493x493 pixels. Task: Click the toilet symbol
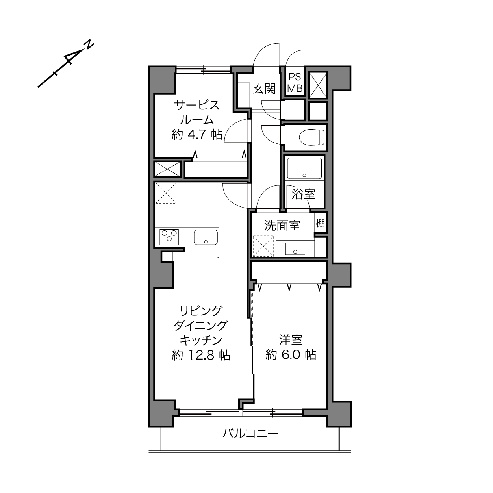tap(311, 137)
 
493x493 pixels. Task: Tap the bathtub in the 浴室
tap(304, 169)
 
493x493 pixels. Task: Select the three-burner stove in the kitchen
tap(169, 237)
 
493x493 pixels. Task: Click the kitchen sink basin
tap(206, 237)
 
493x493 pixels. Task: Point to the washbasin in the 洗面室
tap(295, 249)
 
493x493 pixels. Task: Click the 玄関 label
tap(264, 89)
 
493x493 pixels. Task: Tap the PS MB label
tap(295, 83)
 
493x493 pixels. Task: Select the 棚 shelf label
tap(320, 223)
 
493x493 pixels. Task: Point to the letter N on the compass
tap(89, 44)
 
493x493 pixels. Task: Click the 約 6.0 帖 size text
tap(291, 355)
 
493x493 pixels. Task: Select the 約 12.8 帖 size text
tap(201, 355)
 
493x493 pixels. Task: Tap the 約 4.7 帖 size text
tap(197, 134)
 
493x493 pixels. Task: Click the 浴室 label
tap(304, 194)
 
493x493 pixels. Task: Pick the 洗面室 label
tap(282, 226)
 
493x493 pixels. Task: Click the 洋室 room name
tap(291, 340)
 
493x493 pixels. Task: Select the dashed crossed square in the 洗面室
tap(263, 246)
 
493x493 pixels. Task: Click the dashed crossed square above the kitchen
tap(166, 193)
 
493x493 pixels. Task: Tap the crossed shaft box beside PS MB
tap(318, 85)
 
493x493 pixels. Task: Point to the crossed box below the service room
tap(168, 169)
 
